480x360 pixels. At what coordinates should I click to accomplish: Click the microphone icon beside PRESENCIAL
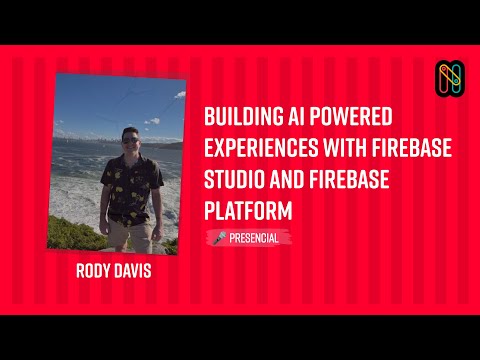[x=220, y=238]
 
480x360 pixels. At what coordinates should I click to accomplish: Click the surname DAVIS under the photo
[x=141, y=272]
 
